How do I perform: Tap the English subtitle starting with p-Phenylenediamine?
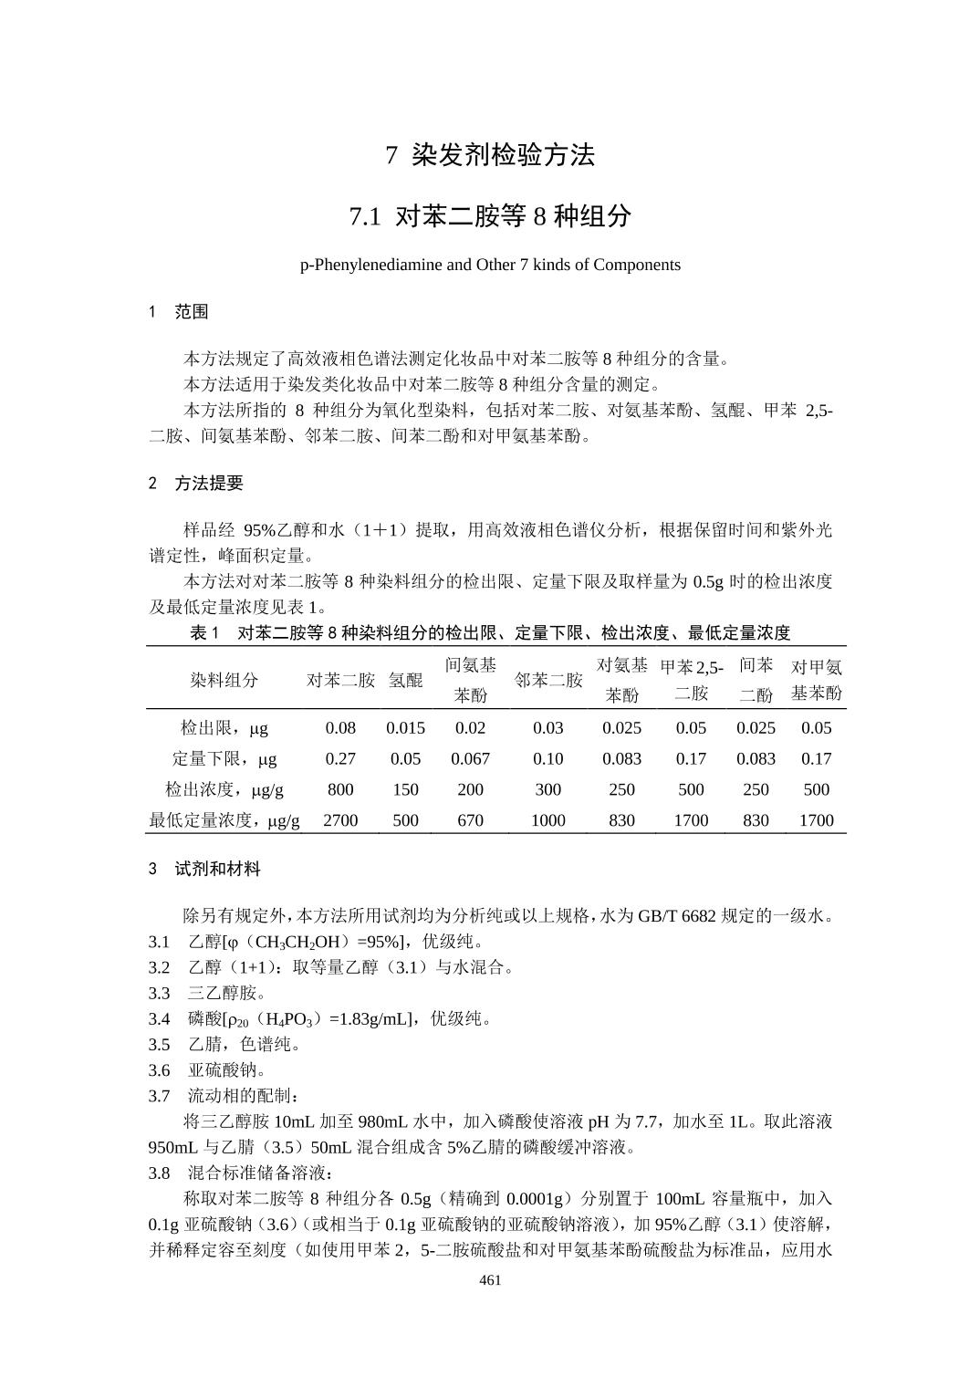[490, 265]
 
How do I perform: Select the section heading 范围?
[192, 312]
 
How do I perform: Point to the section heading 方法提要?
[209, 484]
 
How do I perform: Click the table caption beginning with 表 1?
[490, 632]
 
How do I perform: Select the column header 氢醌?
[405, 680]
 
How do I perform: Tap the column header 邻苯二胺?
[547, 680]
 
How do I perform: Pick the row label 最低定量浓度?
[224, 820]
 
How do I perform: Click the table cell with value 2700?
[340, 820]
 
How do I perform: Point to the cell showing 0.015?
[405, 728]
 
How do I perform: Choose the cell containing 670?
[470, 820]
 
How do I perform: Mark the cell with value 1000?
[547, 820]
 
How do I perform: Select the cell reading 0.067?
[470, 759]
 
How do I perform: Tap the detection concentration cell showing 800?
[340, 789]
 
